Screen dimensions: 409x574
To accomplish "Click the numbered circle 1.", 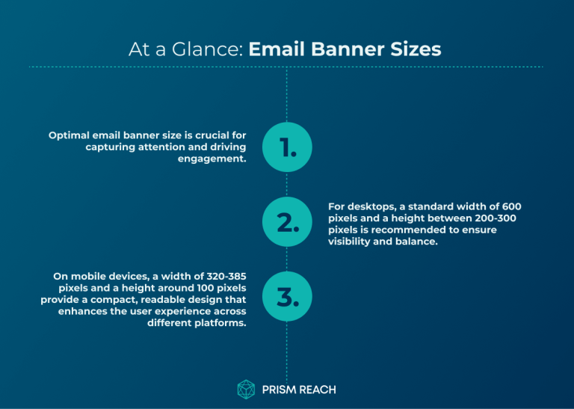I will [287, 147].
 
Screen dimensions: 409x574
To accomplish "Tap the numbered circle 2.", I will [287, 222].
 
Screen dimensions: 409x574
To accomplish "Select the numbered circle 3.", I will [287, 297].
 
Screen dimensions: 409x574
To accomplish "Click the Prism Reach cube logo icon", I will [246, 389].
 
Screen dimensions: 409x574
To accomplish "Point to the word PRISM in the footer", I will [278, 390].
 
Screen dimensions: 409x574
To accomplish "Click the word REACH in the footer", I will [318, 390].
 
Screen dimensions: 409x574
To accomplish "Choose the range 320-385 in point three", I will [221, 277].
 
